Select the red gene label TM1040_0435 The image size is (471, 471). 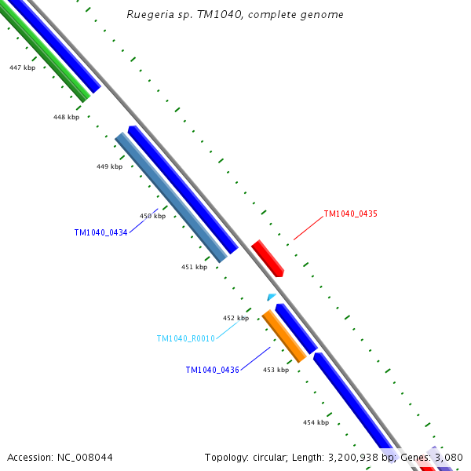pos(350,214)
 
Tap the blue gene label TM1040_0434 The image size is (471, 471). pos(100,232)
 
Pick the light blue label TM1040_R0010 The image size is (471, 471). pos(185,339)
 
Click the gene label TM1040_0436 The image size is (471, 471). pos(212,370)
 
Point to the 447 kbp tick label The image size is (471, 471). pos(22,68)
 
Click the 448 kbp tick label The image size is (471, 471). pos(66,117)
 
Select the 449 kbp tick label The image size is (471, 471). pos(109,166)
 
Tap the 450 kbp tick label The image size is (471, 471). pos(152,216)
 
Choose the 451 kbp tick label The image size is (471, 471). pos(194,267)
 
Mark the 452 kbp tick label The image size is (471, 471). pos(235,318)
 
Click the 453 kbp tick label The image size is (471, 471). pos(276,370)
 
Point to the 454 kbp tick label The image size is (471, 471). pos(316,422)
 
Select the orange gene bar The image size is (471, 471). pos(283,336)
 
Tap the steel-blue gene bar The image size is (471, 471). pos(170,197)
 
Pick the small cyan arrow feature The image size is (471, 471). pos(271,298)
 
